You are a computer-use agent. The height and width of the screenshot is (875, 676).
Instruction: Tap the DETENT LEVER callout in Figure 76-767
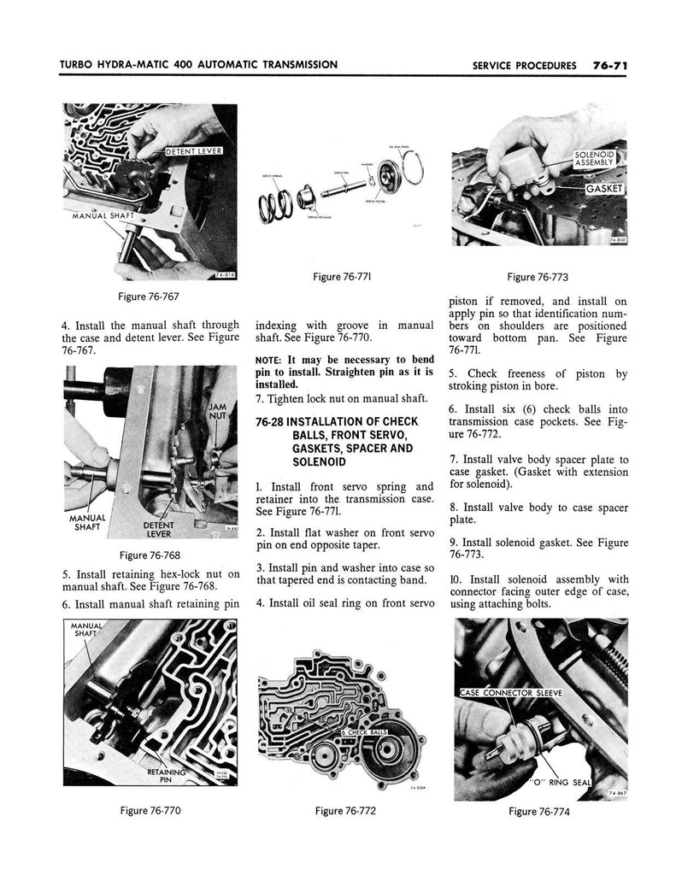pos(193,152)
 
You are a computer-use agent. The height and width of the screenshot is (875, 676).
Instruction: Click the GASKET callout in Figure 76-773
pos(605,188)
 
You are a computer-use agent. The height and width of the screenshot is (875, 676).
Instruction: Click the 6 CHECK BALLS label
pos(365,733)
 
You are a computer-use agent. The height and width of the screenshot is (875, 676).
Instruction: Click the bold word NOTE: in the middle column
pos(269,360)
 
